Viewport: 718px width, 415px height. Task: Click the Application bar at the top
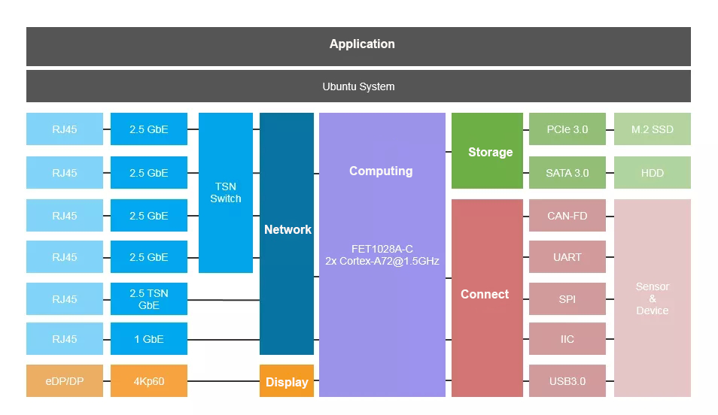358,46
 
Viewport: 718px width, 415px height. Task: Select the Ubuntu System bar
358,86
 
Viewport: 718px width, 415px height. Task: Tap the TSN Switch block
226,192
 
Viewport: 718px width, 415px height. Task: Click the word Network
288,229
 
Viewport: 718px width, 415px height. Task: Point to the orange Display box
287,380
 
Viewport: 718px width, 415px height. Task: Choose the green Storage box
487,150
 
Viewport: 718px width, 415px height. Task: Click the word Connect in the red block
485,294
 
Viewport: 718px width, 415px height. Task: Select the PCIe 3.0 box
567,129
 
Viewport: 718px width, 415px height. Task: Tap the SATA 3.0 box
567,172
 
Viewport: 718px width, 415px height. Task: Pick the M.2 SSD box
653,129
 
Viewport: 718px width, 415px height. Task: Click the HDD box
653,172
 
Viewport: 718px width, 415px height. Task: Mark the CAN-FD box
567,215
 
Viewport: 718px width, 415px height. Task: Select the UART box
567,256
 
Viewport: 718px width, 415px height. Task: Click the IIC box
567,338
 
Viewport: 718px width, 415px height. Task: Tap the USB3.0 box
567,380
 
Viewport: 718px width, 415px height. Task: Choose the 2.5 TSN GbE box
149,298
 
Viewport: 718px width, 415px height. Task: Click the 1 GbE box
149,338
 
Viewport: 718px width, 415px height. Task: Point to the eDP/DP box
65,380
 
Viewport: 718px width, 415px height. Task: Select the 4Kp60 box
149,380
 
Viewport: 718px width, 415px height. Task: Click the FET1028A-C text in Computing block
382,249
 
